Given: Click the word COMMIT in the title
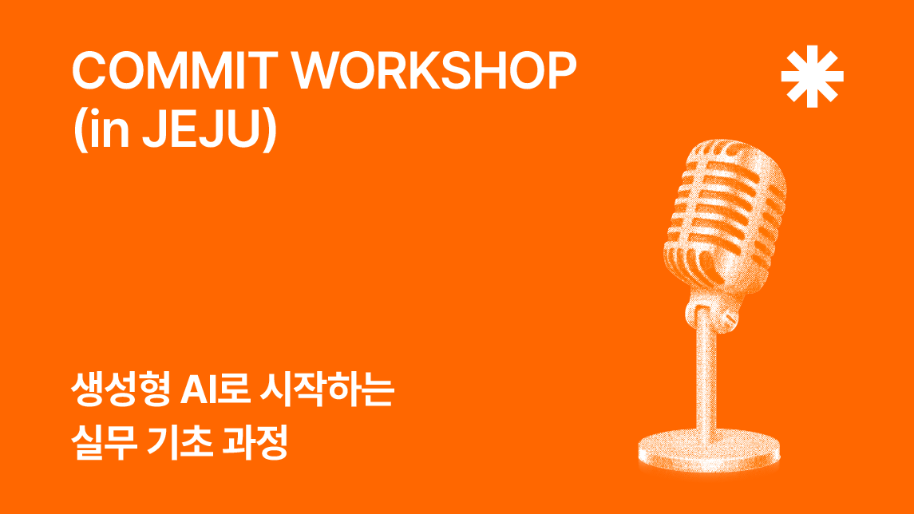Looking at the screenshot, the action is [x=174, y=70].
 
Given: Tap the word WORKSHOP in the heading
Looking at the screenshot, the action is [x=434, y=70].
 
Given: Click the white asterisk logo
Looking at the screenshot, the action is [x=812, y=77].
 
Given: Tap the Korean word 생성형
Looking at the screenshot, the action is [x=121, y=389].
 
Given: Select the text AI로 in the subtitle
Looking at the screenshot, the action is [x=215, y=389].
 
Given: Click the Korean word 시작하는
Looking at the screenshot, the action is [x=327, y=389].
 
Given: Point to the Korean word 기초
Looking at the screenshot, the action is [x=180, y=443].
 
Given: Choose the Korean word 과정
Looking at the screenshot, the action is [x=255, y=443].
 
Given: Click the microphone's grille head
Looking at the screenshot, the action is [x=725, y=215].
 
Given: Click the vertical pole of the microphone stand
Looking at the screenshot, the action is [x=706, y=379].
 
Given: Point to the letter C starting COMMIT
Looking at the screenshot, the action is [x=90, y=70].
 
